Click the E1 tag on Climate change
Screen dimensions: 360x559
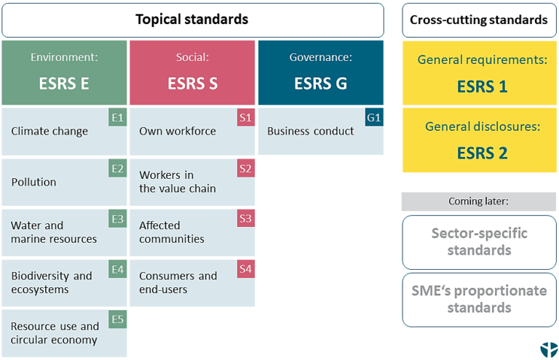(118, 116)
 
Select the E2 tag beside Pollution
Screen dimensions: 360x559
(118, 169)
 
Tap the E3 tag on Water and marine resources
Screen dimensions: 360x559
(118, 219)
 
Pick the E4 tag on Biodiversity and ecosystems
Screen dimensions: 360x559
(118, 269)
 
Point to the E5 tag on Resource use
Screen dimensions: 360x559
(118, 319)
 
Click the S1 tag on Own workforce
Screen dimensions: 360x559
(246, 116)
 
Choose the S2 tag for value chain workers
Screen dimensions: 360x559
(246, 169)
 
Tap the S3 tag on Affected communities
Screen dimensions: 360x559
(246, 219)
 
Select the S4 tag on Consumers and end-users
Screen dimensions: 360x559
(246, 269)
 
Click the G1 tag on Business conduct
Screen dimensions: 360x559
(374, 116)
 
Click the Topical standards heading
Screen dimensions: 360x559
(192, 20)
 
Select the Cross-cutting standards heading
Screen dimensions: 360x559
(478, 20)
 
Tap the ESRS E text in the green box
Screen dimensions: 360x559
(64, 84)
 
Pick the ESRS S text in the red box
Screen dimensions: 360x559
(192, 84)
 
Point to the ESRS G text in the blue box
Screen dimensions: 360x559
(320, 84)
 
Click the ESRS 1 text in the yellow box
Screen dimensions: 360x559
(482, 87)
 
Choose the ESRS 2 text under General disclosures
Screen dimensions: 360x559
(482, 153)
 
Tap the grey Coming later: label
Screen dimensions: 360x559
(478, 201)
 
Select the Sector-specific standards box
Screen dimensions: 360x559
(478, 242)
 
